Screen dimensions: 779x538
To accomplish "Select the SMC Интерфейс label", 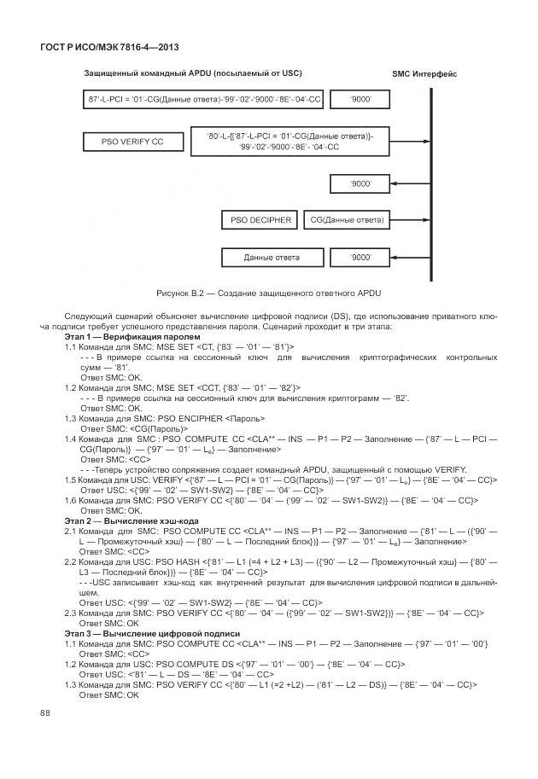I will [x=424, y=73].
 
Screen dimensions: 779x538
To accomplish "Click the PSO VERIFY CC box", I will [x=133, y=142].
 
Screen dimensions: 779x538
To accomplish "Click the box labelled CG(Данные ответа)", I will [x=347, y=220].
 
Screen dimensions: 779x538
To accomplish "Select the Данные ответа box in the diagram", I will [x=272, y=257].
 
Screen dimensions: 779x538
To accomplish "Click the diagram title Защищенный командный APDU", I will [x=192, y=73].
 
